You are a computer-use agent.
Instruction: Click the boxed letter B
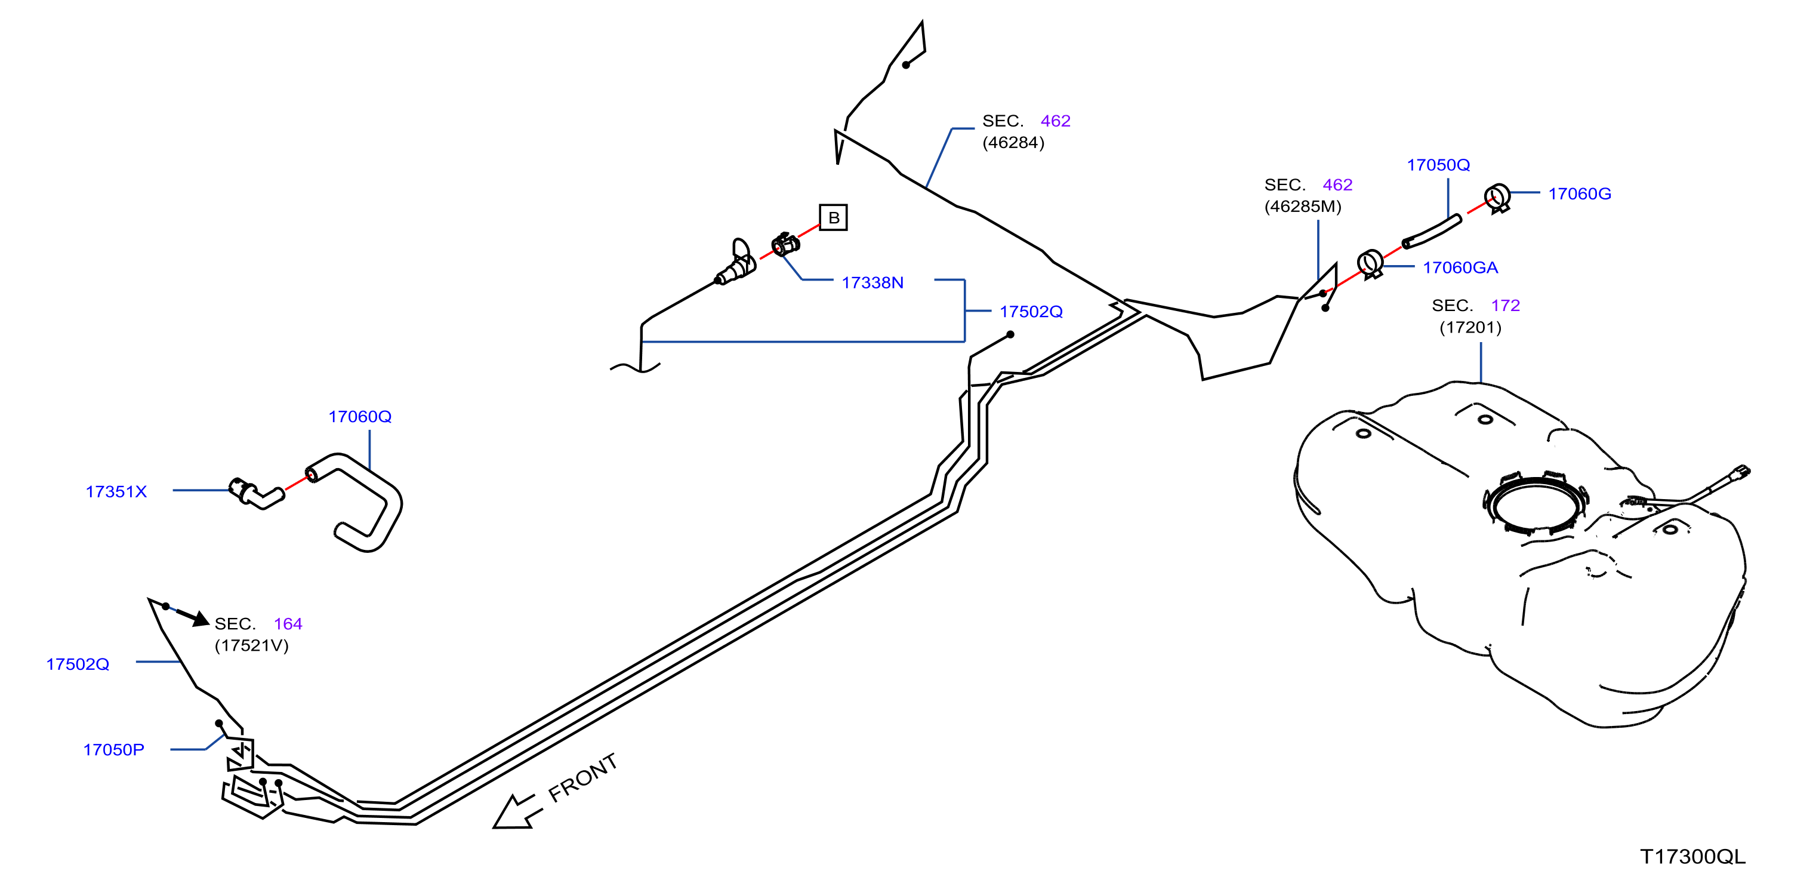pyautogui.click(x=833, y=217)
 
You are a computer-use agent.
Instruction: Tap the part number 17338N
pyautogui.click(x=872, y=283)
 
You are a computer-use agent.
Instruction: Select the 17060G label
pyautogui.click(x=1579, y=194)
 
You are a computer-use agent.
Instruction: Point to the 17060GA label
pyautogui.click(x=1460, y=268)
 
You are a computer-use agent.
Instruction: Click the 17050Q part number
pyautogui.click(x=1438, y=165)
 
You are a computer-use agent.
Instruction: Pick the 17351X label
pyautogui.click(x=116, y=492)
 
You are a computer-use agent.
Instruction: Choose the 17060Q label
pyautogui.click(x=359, y=417)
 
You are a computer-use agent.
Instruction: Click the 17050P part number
pyautogui.click(x=113, y=750)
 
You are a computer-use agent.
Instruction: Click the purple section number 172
pyautogui.click(x=1505, y=306)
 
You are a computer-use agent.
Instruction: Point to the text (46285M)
pyautogui.click(x=1303, y=207)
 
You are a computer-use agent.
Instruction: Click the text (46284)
pyautogui.click(x=1013, y=143)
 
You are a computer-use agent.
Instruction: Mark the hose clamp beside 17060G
pyautogui.click(x=1497, y=197)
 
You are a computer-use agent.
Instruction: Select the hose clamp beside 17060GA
pyautogui.click(x=1370, y=264)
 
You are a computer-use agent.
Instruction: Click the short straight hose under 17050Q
pyautogui.click(x=1432, y=232)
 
